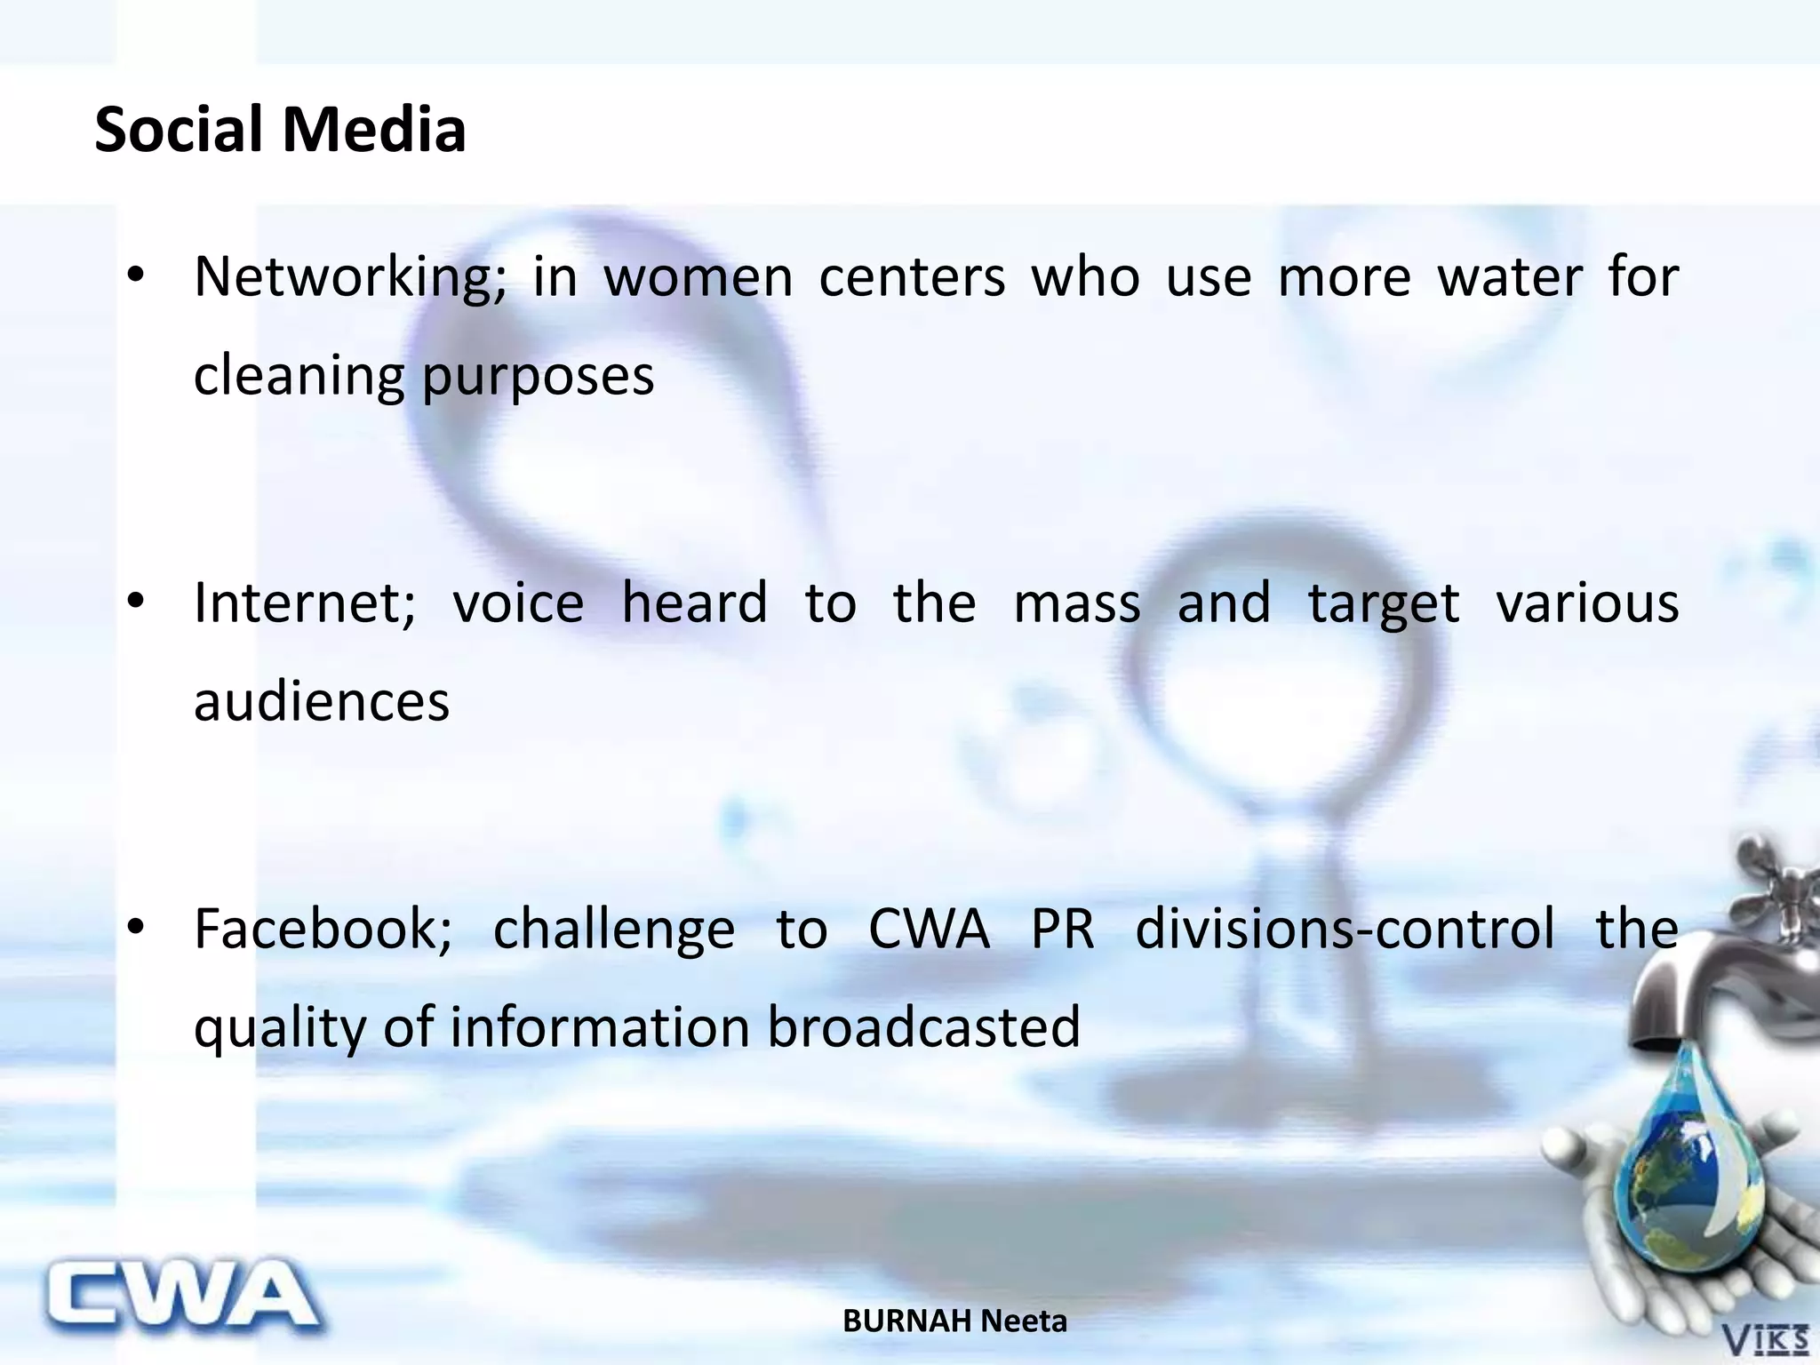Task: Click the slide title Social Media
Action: tap(280, 130)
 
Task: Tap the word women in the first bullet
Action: tap(698, 277)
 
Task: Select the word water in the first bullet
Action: tap(1510, 277)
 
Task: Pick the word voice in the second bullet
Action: tap(518, 603)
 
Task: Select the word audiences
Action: tap(322, 702)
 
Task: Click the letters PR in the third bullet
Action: tap(1062, 930)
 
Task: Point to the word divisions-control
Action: tap(1345, 930)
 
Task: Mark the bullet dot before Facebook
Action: tap(135, 928)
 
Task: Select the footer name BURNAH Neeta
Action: tap(954, 1321)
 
